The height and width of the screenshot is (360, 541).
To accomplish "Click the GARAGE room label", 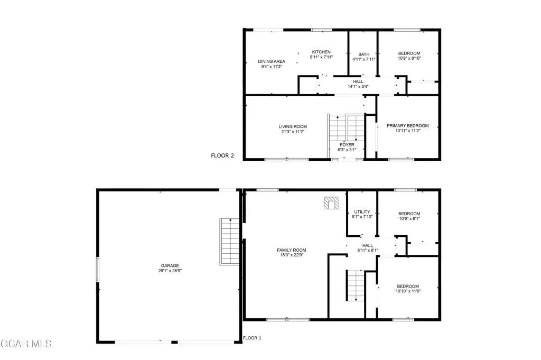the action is click(170, 266).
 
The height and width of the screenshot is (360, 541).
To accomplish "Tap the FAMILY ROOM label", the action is click(292, 250).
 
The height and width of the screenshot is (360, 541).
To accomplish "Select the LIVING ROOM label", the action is click(293, 127).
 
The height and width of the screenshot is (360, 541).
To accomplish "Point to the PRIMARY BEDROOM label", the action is click(408, 126).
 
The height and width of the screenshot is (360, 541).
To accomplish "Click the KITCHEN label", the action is click(321, 52).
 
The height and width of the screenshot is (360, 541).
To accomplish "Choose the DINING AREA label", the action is click(272, 61).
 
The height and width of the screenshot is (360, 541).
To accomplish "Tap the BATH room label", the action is click(363, 54).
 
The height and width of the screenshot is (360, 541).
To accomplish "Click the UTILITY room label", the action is click(362, 212).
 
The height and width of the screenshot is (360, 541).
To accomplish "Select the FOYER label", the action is click(347, 145).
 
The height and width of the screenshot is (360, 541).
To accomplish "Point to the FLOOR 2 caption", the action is click(222, 155).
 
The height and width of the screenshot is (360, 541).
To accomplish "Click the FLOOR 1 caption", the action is click(252, 338).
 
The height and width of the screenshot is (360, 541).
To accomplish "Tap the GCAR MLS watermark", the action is click(26, 344).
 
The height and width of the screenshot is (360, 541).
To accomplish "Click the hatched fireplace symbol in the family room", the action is click(331, 203).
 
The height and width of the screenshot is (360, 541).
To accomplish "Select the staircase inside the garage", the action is click(229, 242).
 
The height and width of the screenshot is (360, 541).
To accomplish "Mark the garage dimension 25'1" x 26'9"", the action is click(170, 271).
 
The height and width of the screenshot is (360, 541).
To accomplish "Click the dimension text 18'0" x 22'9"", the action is click(292, 255).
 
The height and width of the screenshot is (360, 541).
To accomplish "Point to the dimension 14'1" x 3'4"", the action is click(358, 87).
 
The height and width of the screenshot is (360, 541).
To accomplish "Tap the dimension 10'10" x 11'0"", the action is click(408, 291).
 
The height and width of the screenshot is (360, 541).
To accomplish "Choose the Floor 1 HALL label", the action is click(368, 245).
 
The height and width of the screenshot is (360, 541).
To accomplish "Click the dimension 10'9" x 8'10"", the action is click(409, 58).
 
